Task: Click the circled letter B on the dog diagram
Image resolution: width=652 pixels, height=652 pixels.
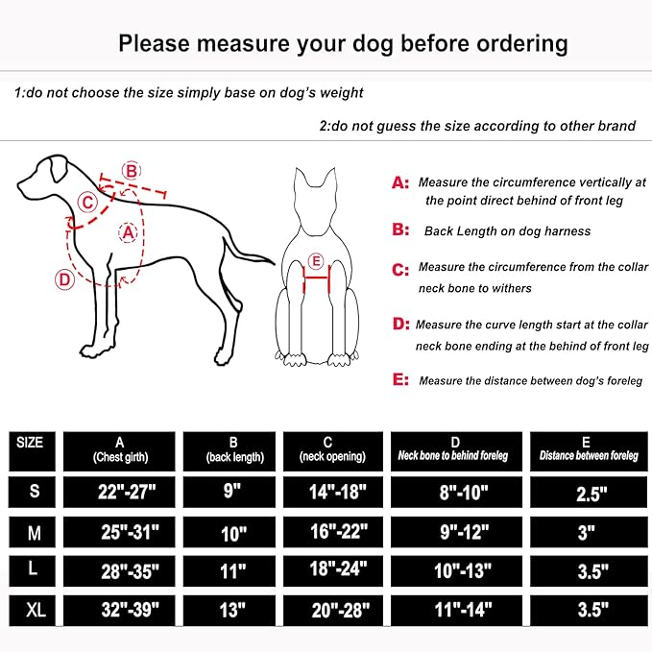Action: pos(132,171)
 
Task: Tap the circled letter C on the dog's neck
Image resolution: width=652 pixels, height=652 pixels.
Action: pos(87,202)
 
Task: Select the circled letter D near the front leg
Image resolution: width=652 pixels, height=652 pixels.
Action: pos(64,279)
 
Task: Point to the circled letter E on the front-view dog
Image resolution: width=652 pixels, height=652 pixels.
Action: pos(316,259)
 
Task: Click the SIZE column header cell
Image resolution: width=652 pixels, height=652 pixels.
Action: pos(30,443)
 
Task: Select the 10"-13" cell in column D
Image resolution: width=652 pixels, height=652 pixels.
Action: pos(456,569)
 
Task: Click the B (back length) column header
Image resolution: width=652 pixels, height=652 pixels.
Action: pos(233,449)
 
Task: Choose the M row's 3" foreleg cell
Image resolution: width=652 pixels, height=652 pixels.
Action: pos(587,531)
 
